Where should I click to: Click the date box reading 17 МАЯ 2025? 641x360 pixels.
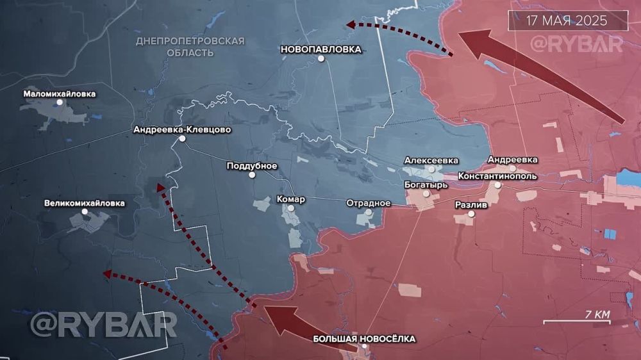pyautogui.click(x=568, y=20)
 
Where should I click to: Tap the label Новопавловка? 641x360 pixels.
pyautogui.click(x=320, y=49)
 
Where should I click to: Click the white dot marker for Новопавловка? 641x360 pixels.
pyautogui.click(x=321, y=59)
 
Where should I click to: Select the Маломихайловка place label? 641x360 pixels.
pyautogui.click(x=60, y=94)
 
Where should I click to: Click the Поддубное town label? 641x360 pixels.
pyautogui.click(x=252, y=166)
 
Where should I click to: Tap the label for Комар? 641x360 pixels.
pyautogui.click(x=290, y=199)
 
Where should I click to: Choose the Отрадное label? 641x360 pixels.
pyautogui.click(x=369, y=203)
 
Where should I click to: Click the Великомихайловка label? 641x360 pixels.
pyautogui.click(x=85, y=204)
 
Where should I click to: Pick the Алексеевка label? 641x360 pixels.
pyautogui.click(x=431, y=160)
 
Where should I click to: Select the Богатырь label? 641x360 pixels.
pyautogui.click(x=426, y=184)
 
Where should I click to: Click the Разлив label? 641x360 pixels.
pyautogui.click(x=471, y=205)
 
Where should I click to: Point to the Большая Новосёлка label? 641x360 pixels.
pyautogui.click(x=364, y=339)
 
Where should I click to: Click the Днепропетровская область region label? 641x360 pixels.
pyautogui.click(x=190, y=46)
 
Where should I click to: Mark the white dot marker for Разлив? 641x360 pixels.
pyautogui.click(x=472, y=215)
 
